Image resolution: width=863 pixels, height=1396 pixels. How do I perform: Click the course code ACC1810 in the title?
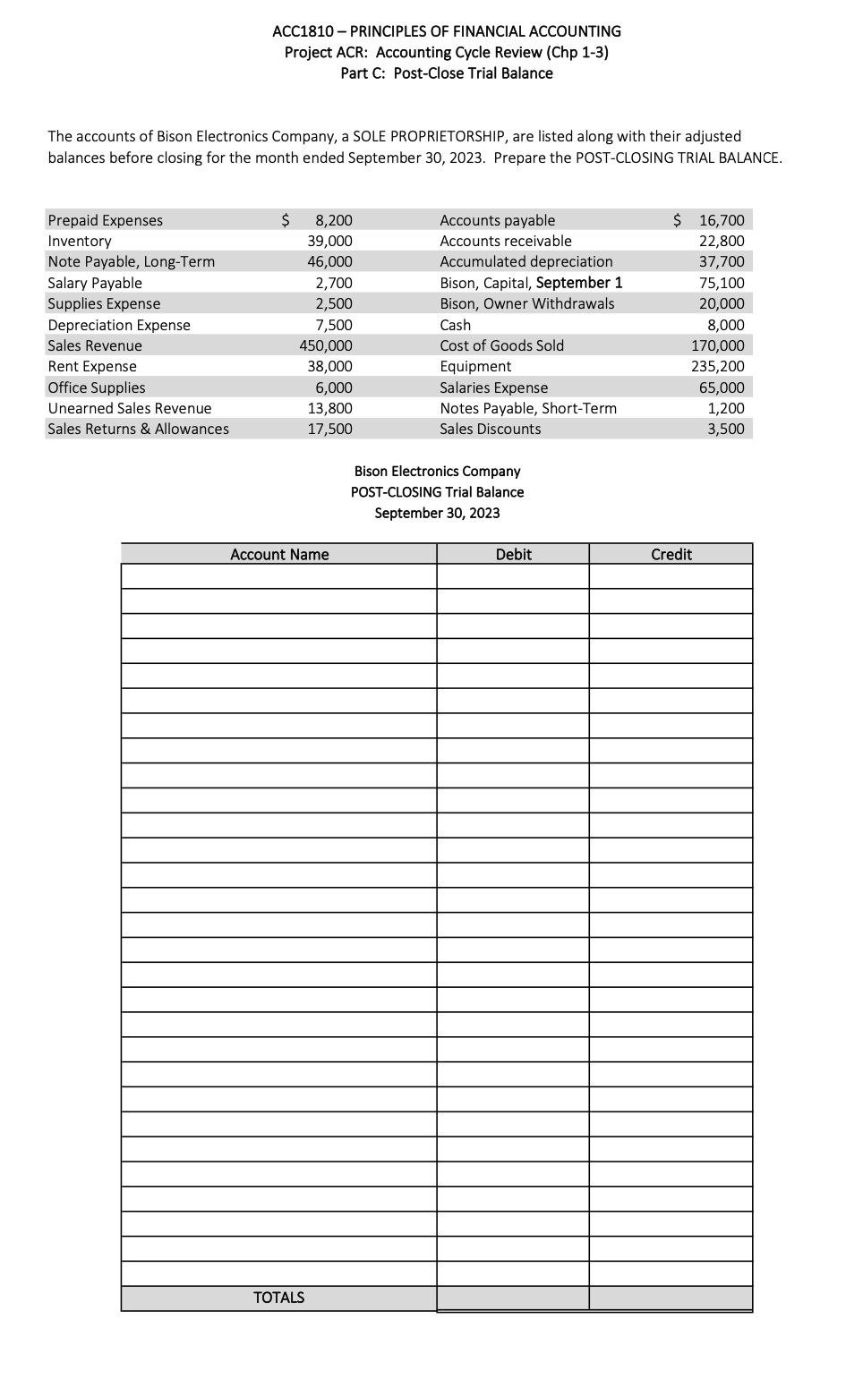(x=302, y=31)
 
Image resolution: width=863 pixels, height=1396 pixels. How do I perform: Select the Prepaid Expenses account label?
(x=105, y=220)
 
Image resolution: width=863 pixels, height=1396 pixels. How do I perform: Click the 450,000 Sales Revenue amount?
(x=326, y=345)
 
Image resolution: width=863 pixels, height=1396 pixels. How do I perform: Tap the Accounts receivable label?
(x=505, y=241)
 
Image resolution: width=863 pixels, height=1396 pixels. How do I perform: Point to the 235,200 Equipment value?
(x=717, y=366)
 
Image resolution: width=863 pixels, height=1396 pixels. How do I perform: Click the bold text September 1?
(x=579, y=283)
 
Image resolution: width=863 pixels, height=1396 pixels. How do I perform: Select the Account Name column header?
(x=279, y=555)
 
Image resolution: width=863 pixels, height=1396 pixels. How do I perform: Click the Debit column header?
(x=513, y=555)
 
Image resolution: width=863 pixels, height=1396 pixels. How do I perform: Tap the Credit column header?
(x=671, y=555)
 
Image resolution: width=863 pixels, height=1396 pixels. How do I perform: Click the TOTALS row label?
(x=278, y=1298)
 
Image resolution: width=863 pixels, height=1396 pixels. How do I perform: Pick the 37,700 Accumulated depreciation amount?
(x=722, y=261)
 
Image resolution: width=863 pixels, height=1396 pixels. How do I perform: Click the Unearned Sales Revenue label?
(x=129, y=408)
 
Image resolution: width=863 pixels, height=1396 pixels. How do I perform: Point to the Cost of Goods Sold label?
(x=501, y=345)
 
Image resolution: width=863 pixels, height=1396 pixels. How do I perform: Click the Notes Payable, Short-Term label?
(x=527, y=408)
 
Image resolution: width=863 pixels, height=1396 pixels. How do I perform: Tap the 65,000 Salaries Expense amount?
(x=722, y=387)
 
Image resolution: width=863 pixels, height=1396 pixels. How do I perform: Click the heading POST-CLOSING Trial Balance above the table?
(x=437, y=492)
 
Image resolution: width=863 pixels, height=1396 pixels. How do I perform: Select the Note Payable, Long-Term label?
(x=131, y=261)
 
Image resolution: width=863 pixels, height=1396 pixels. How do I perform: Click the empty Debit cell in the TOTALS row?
(x=513, y=1298)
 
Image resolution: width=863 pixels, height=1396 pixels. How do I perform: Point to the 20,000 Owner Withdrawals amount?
(x=722, y=303)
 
